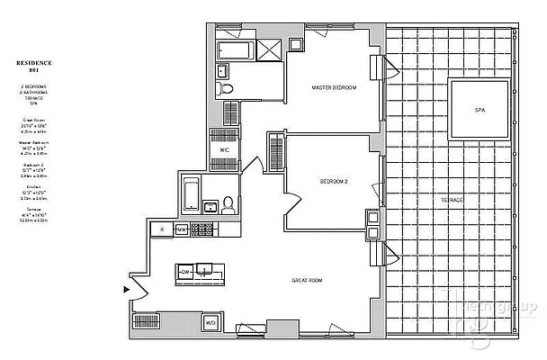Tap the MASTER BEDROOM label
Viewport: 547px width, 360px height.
coord(334,88)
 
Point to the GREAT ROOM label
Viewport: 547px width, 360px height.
coord(307,280)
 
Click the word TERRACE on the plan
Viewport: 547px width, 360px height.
coord(452,199)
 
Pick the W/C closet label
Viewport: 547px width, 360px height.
coord(224,149)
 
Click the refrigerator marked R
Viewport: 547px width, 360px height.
coord(159,230)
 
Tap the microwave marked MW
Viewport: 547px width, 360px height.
coord(181,230)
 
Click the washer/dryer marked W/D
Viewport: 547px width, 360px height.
coord(211,322)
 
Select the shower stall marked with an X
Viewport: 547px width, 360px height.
coord(268,50)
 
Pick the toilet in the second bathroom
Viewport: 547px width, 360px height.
coord(229,204)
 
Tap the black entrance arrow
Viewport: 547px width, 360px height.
coord(126,289)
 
